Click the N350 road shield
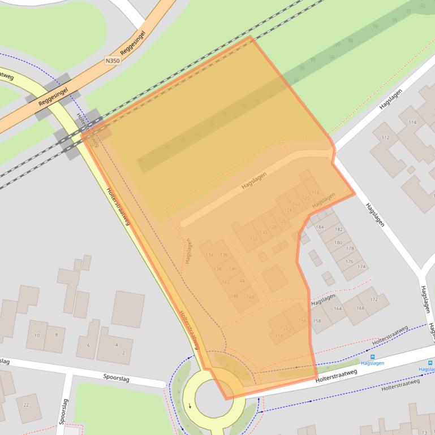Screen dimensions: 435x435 113,59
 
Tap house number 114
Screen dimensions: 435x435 412,123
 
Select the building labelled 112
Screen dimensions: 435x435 386,138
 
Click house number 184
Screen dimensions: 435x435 320,227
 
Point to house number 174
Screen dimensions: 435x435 361,267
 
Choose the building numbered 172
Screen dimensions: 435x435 374,299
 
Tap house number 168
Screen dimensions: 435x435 360,308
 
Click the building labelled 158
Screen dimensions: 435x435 317,321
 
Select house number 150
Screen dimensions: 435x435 278,336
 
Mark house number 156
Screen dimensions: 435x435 303,320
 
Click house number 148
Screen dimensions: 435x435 249,297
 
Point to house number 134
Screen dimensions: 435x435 209,255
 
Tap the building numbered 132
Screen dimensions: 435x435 253,238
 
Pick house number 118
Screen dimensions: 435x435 315,193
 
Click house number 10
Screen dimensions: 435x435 37,335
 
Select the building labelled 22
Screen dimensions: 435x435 26,404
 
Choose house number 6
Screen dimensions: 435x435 88,345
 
